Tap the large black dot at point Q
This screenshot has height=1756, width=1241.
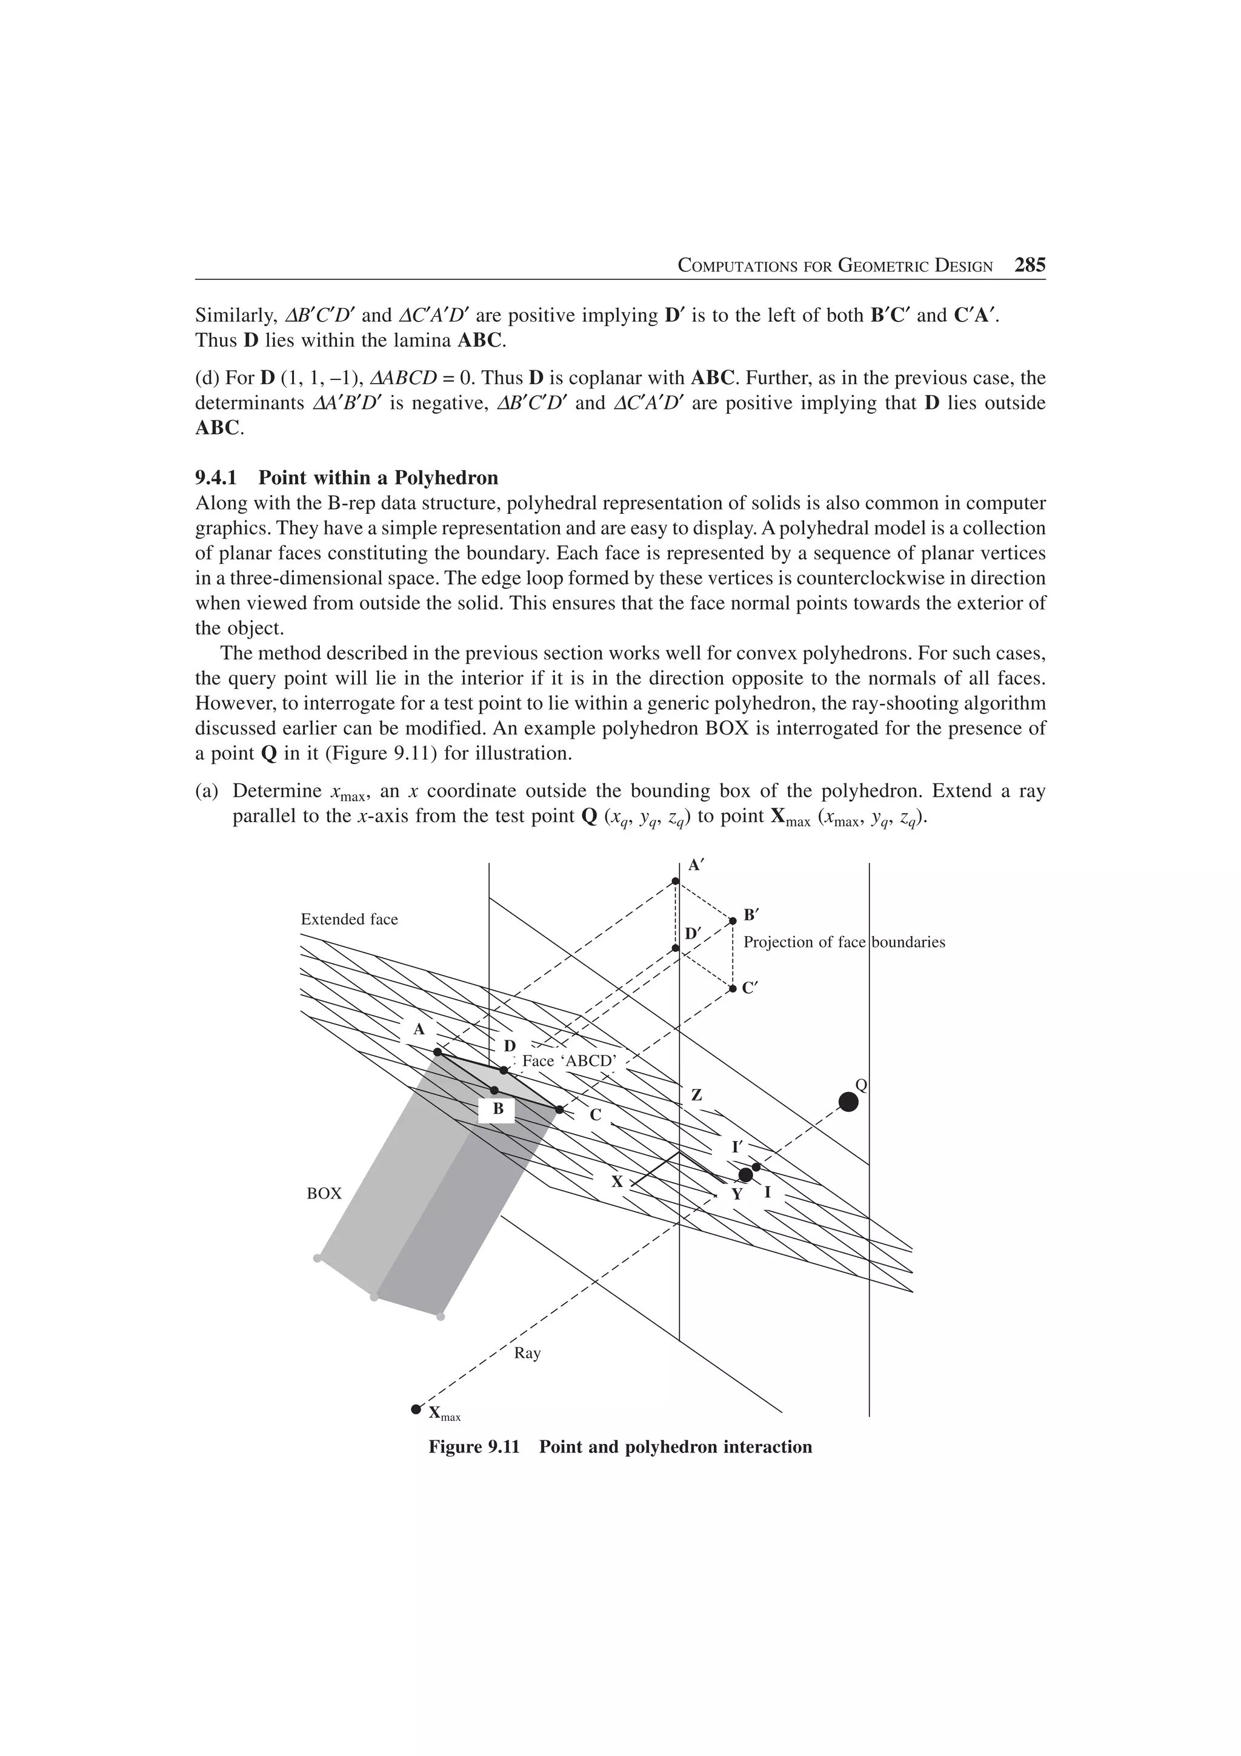point(848,1102)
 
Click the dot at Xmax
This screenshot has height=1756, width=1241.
point(416,1409)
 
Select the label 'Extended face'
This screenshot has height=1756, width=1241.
point(350,919)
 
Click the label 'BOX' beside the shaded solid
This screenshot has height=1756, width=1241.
point(324,1194)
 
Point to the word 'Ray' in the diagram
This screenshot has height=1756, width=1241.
point(527,1353)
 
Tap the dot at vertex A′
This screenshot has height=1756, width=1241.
point(675,881)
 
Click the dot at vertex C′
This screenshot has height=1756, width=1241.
point(733,988)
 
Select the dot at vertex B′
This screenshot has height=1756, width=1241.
point(733,921)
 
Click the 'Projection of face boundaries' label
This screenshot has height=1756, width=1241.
point(844,942)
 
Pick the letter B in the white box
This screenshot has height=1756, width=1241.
point(497,1108)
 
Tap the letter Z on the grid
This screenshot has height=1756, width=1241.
point(697,1095)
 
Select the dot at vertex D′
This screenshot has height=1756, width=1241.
point(675,948)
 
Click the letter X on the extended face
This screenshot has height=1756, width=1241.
point(616,1182)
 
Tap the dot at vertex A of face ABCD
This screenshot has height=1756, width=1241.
point(438,1053)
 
